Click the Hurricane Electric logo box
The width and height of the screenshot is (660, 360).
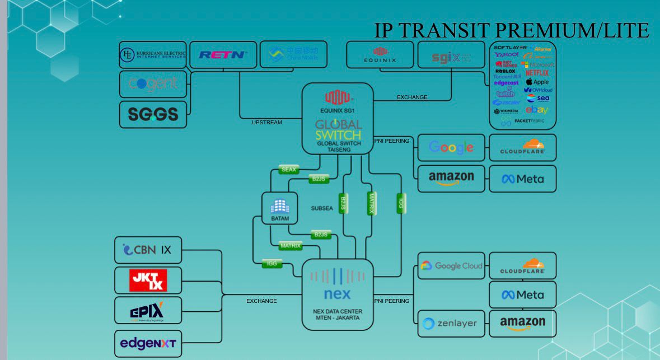(x=153, y=55)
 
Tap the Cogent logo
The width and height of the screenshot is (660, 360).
(x=153, y=84)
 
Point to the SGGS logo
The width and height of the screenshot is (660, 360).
(x=153, y=114)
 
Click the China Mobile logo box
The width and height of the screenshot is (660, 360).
(x=293, y=54)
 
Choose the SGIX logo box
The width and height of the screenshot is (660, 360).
(x=451, y=55)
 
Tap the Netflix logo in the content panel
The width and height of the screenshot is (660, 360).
(x=537, y=73)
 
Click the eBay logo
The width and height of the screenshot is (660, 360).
(x=536, y=110)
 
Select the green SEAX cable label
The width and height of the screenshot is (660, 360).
(x=288, y=169)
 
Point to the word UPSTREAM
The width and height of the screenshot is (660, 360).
(x=267, y=122)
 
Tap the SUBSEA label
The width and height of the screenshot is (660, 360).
(x=322, y=208)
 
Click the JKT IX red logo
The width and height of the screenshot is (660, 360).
(x=148, y=280)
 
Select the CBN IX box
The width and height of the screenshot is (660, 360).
(x=148, y=250)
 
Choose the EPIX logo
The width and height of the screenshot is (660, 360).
(x=148, y=310)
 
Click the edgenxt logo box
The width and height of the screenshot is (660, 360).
(x=148, y=343)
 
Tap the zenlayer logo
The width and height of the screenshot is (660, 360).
(x=451, y=324)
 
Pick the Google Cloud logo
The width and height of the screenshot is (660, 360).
(x=451, y=265)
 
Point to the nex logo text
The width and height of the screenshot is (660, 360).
(x=337, y=293)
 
